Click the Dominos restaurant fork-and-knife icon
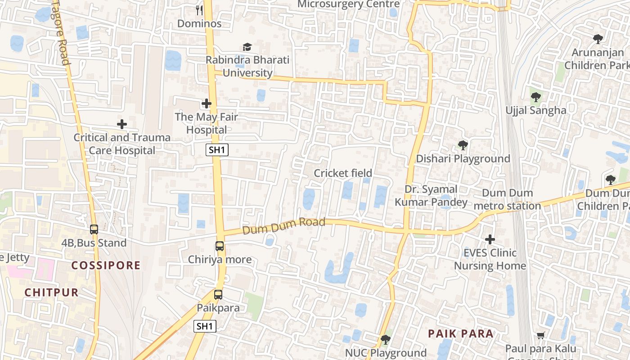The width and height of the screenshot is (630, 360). (x=200, y=10)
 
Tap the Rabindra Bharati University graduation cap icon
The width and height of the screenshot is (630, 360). (x=247, y=47)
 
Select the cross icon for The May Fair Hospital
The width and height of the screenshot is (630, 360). (x=207, y=104)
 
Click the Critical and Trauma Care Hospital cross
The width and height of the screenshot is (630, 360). (x=121, y=124)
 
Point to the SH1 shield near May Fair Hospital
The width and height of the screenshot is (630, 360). (x=217, y=150)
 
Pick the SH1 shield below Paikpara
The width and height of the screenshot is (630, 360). (x=205, y=326)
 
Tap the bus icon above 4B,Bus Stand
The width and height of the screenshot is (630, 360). (x=94, y=229)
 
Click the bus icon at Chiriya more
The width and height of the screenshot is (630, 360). (x=220, y=246)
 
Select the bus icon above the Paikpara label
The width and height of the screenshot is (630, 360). (x=218, y=295)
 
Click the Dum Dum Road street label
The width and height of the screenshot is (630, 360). (x=283, y=226)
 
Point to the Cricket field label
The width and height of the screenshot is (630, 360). (x=343, y=173)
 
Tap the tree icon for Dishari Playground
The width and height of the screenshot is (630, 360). (x=463, y=145)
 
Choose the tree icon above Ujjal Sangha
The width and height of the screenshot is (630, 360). (x=535, y=97)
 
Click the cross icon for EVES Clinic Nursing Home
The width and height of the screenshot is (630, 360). (x=490, y=239)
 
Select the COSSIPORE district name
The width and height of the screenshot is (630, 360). (x=106, y=265)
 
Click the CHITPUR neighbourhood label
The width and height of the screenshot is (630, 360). (x=51, y=292)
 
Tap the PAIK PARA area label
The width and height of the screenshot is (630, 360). (x=460, y=333)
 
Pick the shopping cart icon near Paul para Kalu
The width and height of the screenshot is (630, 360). (x=540, y=335)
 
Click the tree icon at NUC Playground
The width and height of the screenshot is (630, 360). (x=385, y=340)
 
